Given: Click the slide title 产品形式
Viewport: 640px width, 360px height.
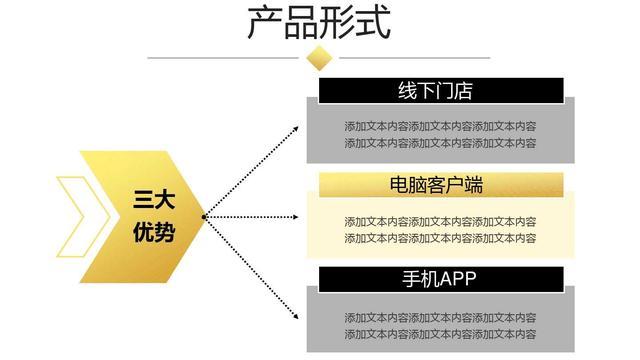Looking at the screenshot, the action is (319, 23).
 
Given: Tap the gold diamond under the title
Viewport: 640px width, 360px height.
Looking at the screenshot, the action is (319, 58).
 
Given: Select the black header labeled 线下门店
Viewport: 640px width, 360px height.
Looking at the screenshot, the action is (436, 91).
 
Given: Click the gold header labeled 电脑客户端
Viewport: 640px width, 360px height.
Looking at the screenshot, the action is (436, 185).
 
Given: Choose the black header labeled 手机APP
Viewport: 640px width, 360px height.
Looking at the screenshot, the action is (436, 278).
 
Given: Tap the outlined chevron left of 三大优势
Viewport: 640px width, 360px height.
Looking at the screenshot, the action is (72, 216).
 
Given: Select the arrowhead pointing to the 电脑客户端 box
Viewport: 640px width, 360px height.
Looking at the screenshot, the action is (297, 216).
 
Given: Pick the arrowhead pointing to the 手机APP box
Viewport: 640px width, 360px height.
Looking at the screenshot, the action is (296, 317).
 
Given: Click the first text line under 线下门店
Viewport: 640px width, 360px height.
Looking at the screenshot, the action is (440, 126).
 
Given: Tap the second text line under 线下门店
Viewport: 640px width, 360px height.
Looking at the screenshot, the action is (440, 143).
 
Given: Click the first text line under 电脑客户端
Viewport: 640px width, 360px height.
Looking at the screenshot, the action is (440, 221).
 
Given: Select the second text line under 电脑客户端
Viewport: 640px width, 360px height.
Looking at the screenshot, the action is (440, 238).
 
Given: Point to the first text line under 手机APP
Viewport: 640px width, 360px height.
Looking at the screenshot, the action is (440, 316).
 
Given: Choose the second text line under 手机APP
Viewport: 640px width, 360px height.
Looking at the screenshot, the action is (440, 333).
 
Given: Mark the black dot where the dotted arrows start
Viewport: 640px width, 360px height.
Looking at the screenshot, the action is (204, 216).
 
